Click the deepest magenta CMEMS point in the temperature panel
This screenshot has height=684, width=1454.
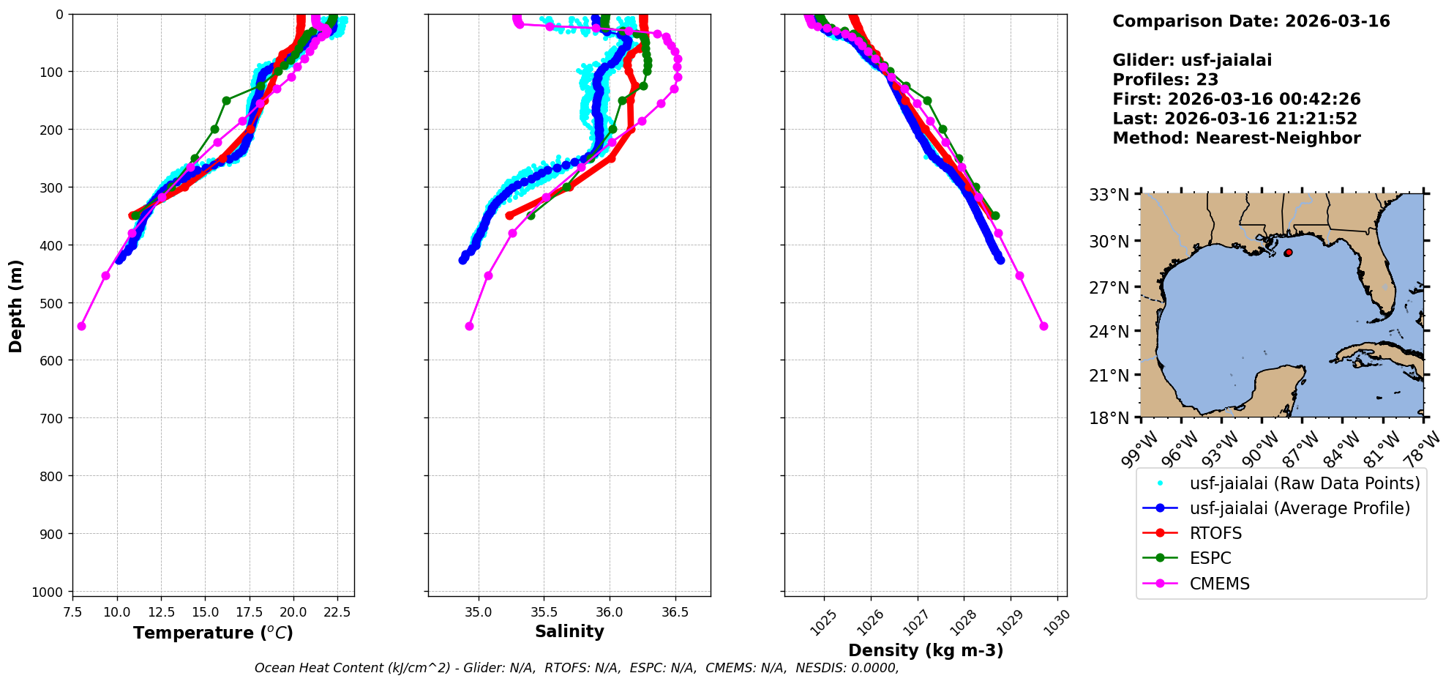[81, 326]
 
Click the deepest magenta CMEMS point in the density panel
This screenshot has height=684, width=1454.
[1043, 326]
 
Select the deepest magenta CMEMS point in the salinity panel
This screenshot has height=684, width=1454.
[469, 326]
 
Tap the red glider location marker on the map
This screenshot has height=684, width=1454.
[1288, 253]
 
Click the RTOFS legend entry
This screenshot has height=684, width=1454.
[1215, 534]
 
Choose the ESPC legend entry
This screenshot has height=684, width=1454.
[1210, 559]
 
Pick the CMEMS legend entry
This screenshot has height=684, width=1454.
[1219, 584]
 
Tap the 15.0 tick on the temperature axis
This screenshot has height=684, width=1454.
[205, 611]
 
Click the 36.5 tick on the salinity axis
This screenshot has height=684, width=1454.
[675, 612]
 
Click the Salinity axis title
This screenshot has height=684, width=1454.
[569, 632]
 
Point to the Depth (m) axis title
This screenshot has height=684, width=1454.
[16, 305]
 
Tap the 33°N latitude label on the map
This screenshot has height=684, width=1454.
[1109, 196]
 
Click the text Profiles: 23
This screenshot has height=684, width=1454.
[1165, 80]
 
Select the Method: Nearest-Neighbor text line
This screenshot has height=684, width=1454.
[1236, 138]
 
